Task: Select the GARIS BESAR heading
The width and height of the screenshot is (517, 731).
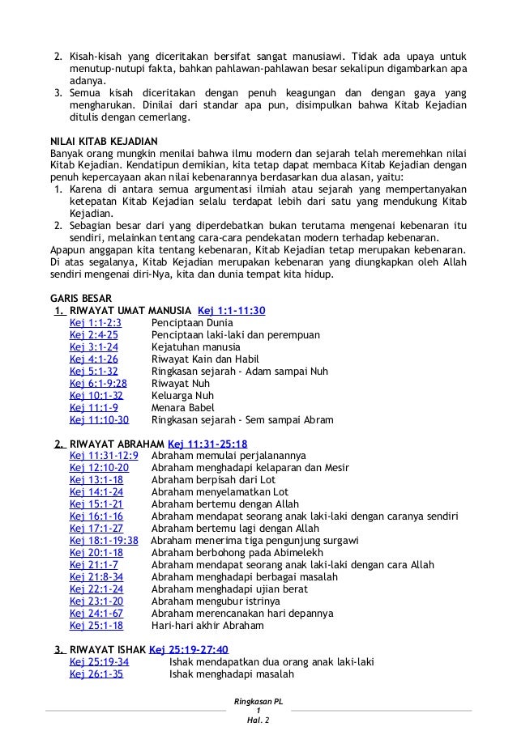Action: [83, 297]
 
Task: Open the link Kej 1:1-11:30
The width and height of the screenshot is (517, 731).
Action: [232, 310]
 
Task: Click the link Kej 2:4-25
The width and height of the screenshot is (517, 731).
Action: [94, 334]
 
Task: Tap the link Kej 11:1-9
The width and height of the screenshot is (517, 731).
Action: [94, 407]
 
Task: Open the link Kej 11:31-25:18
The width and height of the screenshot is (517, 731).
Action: [207, 444]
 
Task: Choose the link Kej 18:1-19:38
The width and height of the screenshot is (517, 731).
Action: [104, 541]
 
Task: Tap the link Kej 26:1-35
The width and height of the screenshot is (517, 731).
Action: [96, 674]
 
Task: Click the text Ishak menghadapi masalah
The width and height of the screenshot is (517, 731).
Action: [227, 674]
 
